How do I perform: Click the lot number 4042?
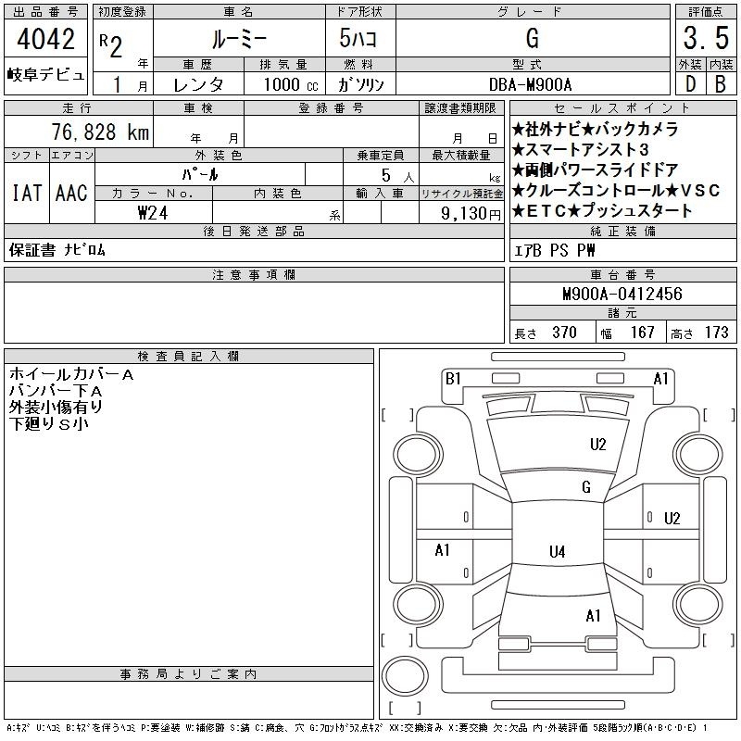[45, 39]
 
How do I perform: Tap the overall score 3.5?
[706, 38]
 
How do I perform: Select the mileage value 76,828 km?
[100, 132]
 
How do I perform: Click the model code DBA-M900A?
[530, 84]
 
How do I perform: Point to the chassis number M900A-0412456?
[622, 294]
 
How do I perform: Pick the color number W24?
[153, 213]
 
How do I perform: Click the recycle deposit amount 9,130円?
[471, 214]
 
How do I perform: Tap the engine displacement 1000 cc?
[291, 84]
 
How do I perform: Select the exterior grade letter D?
[690, 84]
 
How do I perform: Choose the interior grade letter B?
[721, 84]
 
